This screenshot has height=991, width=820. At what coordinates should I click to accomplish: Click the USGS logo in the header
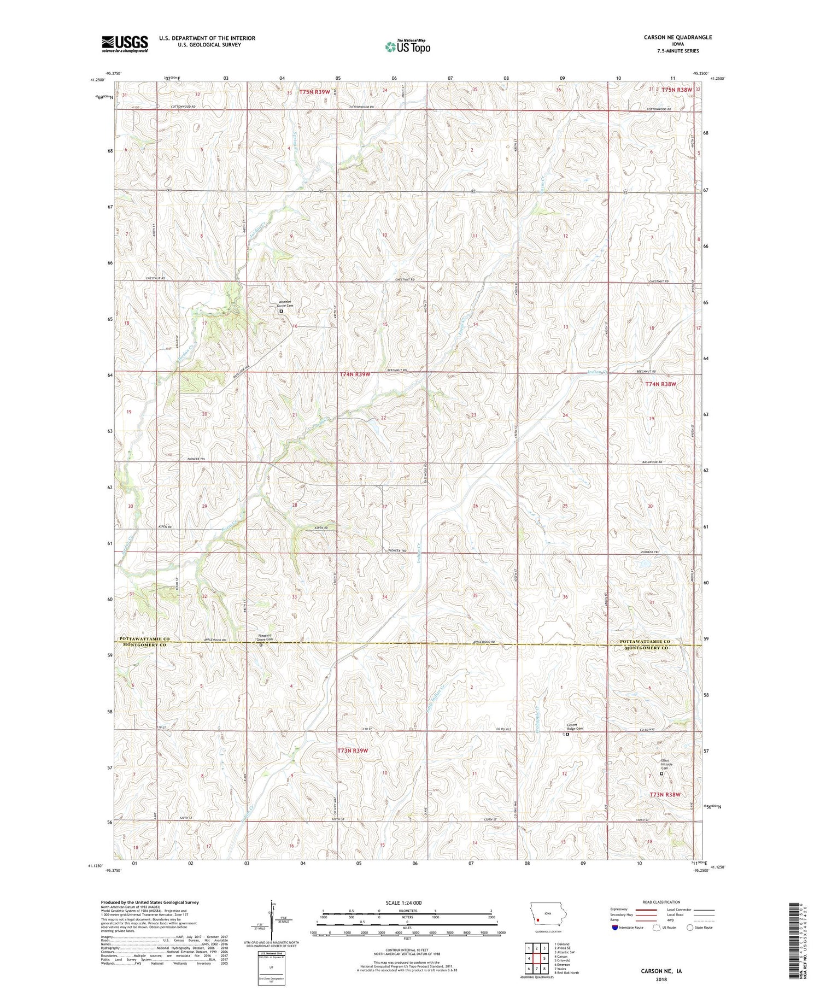pyautogui.click(x=125, y=44)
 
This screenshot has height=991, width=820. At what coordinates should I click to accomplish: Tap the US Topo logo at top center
pyautogui.click(x=407, y=46)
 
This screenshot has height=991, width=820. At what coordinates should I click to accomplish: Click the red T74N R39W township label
pyautogui.click(x=355, y=374)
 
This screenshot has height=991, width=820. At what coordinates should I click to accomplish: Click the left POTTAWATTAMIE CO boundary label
pyautogui.click(x=142, y=639)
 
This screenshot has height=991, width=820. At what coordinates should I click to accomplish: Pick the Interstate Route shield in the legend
pyautogui.click(x=614, y=928)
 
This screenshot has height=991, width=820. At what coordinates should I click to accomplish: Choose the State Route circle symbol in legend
pyautogui.click(x=690, y=928)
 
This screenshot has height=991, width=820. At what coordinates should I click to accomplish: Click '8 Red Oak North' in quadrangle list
pyautogui.click(x=567, y=973)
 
